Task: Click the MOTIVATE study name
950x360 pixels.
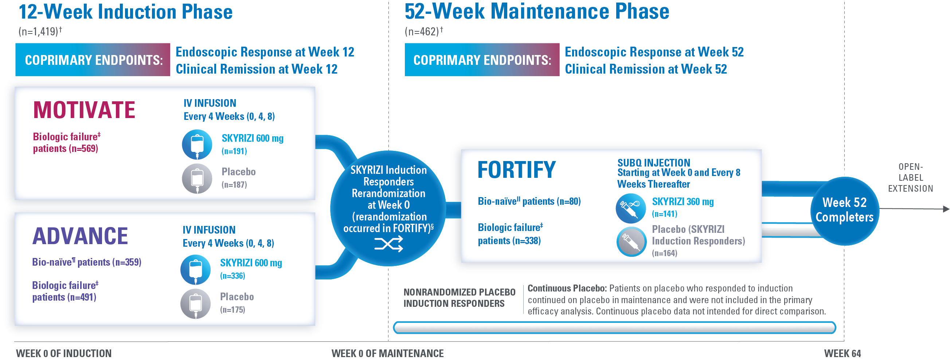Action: (84, 110)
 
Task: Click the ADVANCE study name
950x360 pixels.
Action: (80, 236)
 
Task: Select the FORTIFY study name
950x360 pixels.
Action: (516, 170)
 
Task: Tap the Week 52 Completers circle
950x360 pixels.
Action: (844, 210)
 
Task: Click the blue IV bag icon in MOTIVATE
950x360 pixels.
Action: (197, 144)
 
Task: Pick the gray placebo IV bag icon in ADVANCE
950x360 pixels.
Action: (195, 304)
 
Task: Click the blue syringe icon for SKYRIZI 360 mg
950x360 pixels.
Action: (631, 208)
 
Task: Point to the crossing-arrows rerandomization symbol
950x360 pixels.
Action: (389, 244)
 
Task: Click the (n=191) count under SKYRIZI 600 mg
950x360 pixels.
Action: (234, 151)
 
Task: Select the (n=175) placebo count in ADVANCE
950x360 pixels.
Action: (233, 310)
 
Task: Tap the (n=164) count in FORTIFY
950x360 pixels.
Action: (665, 253)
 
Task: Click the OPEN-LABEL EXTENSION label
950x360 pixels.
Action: (910, 178)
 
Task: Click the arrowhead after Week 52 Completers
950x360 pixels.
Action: (946, 209)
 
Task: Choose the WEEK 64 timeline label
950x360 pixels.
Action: (842, 353)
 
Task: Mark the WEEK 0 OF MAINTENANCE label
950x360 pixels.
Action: (387, 353)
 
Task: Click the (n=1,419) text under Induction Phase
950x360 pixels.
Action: (40, 32)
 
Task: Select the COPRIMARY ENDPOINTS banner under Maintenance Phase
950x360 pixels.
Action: (482, 60)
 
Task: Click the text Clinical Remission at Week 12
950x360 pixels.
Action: (256, 69)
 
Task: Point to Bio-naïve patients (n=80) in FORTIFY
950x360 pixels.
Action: (529, 201)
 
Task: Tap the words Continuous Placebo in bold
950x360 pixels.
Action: (566, 289)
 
